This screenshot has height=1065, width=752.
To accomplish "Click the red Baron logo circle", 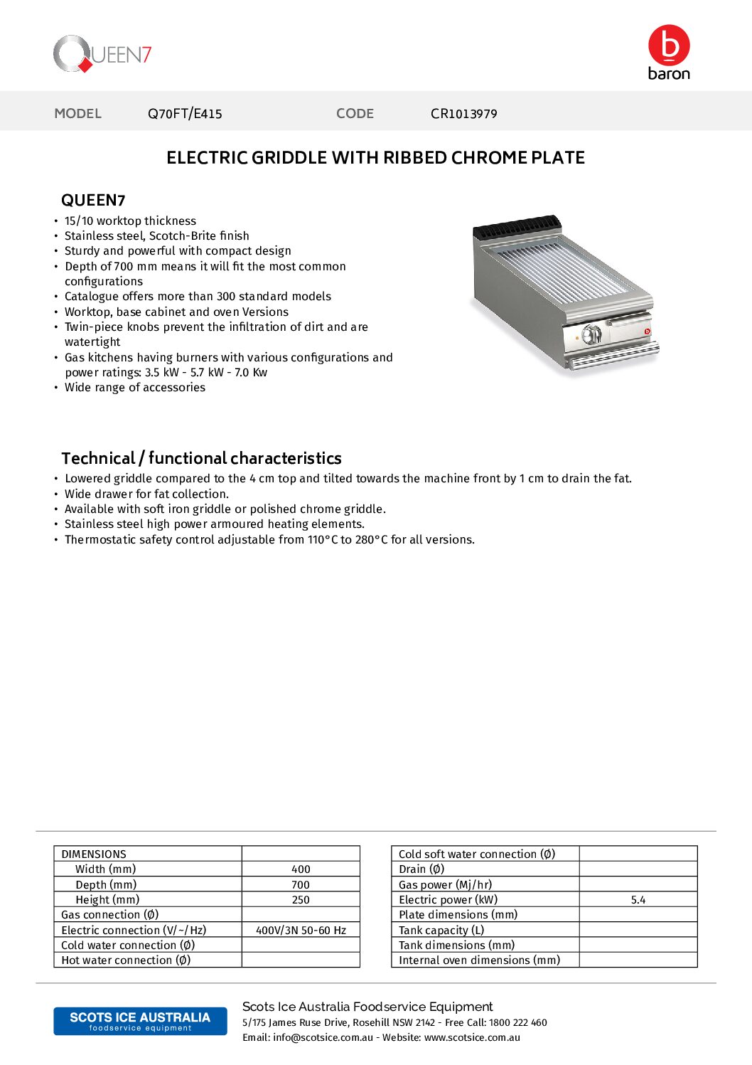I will (x=668, y=46).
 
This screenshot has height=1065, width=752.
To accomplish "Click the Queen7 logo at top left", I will (x=102, y=54).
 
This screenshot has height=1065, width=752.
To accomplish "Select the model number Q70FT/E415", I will (x=185, y=114).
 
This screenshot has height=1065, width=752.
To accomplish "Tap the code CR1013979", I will (x=463, y=114).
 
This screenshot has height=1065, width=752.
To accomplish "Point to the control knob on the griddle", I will (x=591, y=334).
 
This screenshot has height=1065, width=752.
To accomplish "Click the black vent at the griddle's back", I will (x=517, y=227).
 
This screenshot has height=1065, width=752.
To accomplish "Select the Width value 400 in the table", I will (x=301, y=869).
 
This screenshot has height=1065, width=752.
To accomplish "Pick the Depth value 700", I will (x=301, y=885).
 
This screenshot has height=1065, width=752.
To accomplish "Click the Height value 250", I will (x=301, y=900).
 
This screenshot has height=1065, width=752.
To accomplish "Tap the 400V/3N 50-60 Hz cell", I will (x=301, y=931).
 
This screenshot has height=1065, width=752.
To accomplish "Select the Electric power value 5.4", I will (x=638, y=900).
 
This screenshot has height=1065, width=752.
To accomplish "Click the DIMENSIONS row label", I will (x=94, y=854).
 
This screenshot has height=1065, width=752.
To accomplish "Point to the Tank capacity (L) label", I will (x=441, y=931).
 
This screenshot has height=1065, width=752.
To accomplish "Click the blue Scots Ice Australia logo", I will (x=140, y=1021).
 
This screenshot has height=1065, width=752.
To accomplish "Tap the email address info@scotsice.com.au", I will (x=323, y=1038).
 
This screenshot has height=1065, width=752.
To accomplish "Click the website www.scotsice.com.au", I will (x=472, y=1038).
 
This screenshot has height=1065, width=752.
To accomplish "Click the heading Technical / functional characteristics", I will (x=201, y=458).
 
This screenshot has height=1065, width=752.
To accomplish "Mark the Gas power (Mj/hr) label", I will (x=445, y=885).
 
